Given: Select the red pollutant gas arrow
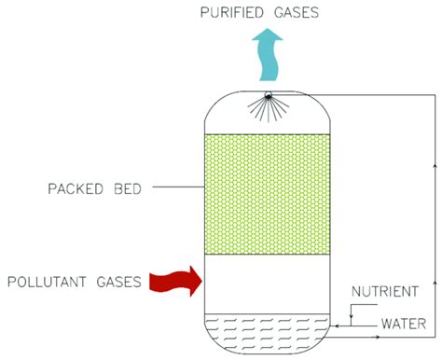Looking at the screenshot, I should coord(176,279).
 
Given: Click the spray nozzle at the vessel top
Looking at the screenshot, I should coord(268,97).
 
